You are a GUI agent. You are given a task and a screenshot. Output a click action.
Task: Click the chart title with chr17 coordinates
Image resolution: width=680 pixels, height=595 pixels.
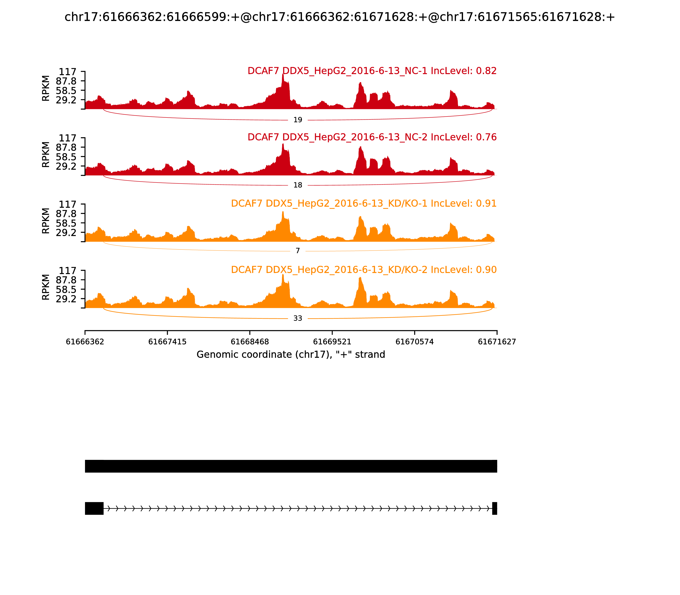[340, 17]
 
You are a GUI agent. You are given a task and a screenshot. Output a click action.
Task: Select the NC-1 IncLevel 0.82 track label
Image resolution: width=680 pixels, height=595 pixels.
[372, 71]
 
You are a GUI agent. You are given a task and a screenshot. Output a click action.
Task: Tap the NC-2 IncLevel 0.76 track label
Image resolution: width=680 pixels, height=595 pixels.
[372, 137]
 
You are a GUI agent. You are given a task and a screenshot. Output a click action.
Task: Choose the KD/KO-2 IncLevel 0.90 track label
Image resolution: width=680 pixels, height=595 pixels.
[364, 270]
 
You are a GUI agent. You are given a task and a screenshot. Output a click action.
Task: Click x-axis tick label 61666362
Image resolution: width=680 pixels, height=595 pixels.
[85, 342]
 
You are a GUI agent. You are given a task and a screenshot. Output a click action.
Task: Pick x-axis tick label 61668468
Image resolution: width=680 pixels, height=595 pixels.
[250, 342]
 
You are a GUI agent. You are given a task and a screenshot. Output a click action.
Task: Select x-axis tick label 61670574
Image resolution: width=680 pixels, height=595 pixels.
[414, 342]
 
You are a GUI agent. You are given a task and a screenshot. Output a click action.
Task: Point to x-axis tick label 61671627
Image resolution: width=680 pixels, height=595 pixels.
[497, 342]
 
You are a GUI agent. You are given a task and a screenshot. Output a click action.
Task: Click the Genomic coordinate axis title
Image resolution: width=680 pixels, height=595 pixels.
[291, 355]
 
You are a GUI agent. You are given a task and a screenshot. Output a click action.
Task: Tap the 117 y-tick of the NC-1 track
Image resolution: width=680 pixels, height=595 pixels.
[67, 72]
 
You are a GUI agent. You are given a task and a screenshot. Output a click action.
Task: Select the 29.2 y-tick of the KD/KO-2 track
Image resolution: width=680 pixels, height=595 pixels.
[66, 299]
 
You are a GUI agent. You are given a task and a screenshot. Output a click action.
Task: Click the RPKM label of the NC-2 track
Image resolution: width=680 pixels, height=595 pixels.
[46, 155]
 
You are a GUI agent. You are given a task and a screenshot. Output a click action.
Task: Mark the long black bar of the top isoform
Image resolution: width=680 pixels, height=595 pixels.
[291, 466]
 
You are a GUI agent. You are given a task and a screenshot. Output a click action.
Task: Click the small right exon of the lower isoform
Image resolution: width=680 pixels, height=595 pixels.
[494, 508]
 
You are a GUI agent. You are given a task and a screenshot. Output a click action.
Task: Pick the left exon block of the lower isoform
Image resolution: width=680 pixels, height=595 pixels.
[94, 508]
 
